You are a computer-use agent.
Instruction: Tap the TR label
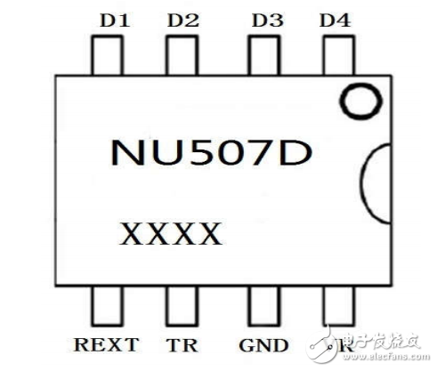pos(182,345)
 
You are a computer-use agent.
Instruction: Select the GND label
pos(264,345)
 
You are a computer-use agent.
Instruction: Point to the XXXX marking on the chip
pos(170,236)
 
